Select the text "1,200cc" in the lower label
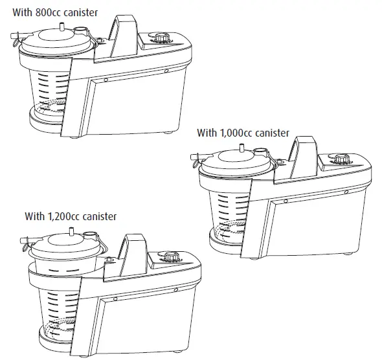tap(68, 216)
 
